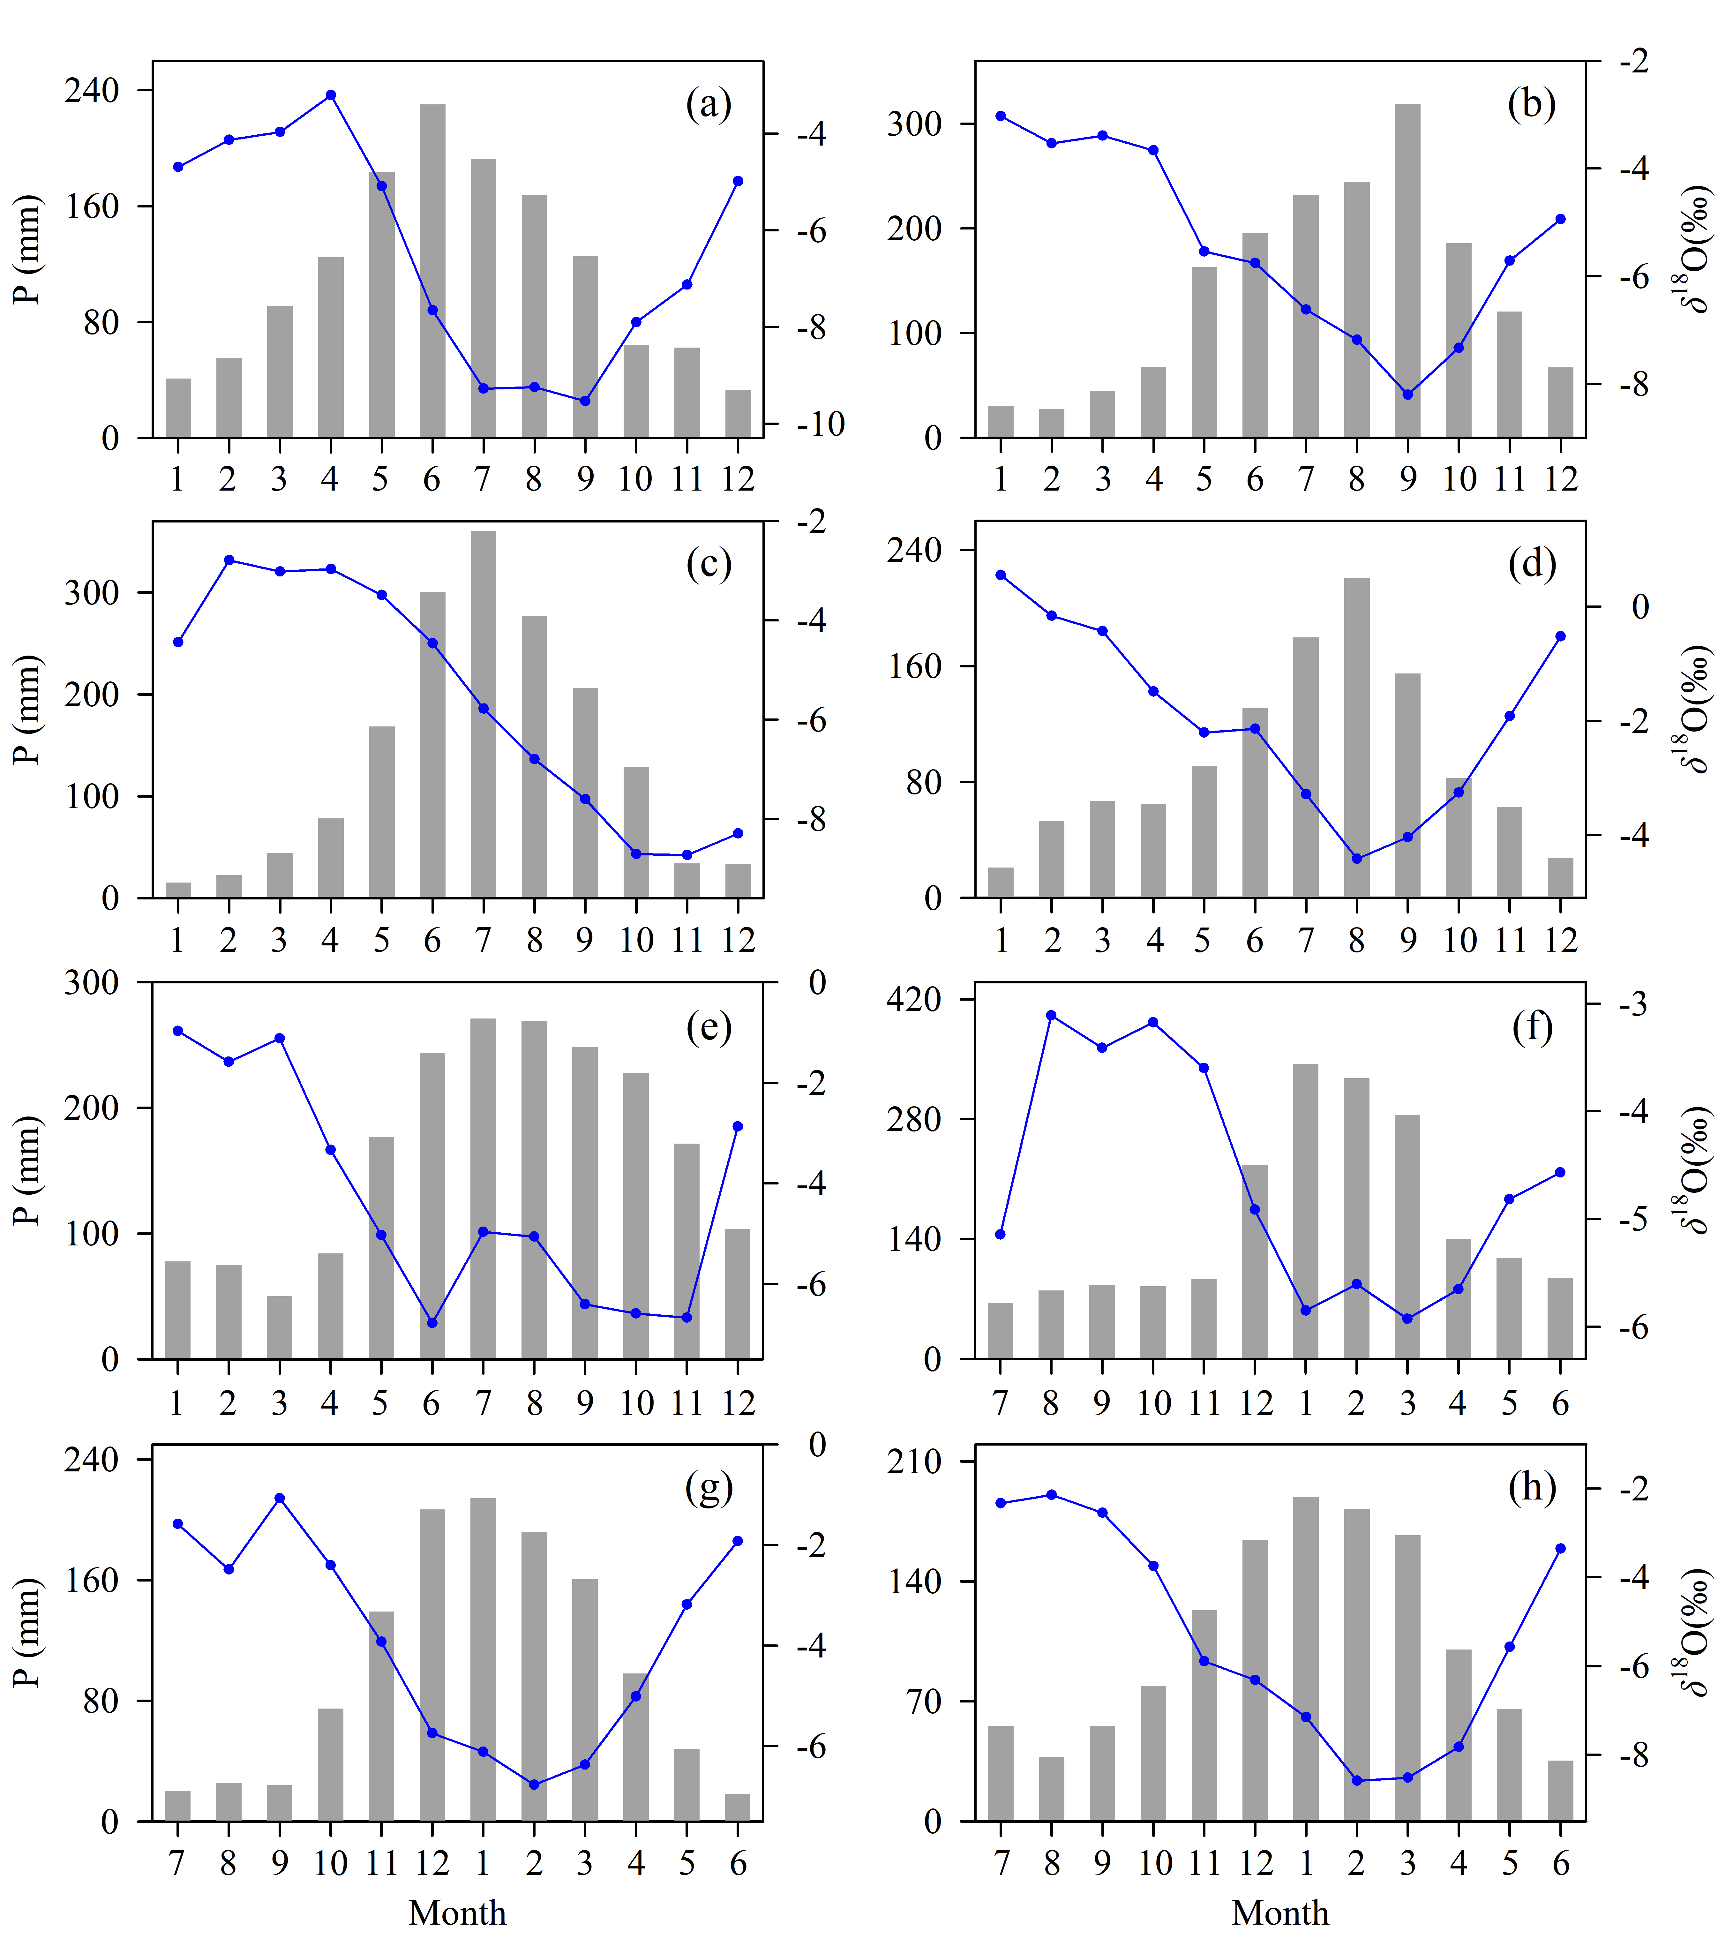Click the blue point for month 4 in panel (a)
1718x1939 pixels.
pyautogui.click(x=330, y=95)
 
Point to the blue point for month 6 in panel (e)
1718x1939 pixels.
pyautogui.click(x=431, y=1322)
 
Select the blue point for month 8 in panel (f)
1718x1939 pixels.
pyautogui.click(x=1051, y=1015)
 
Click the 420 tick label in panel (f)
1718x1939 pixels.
pyautogui.click(x=913, y=999)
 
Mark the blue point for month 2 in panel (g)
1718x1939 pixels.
pyautogui.click(x=534, y=1785)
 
